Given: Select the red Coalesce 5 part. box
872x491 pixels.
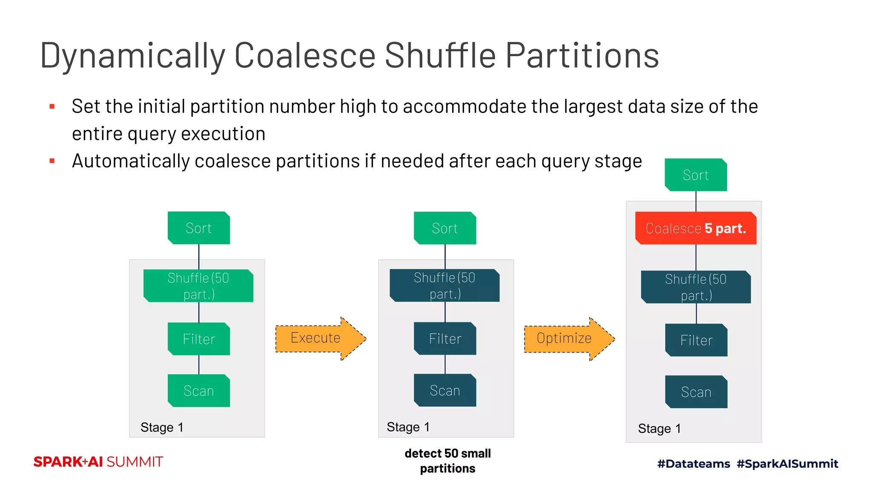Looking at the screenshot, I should coord(696,228).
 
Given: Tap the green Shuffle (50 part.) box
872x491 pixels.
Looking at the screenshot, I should coord(198,286).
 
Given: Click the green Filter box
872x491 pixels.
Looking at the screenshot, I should coord(199,339).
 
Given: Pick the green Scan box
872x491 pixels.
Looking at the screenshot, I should coord(199,391).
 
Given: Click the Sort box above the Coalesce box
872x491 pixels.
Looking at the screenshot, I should coord(696,175).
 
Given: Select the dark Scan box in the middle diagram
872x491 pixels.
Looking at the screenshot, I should coord(445,390).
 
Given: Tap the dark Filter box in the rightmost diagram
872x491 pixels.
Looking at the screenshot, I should coord(696,340).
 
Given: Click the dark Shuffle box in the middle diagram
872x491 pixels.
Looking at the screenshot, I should coord(445,286).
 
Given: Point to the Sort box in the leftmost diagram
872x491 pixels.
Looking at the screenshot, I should coord(199,228).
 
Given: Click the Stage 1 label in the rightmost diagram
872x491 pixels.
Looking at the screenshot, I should coord(659,428).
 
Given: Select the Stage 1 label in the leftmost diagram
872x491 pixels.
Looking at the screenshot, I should coord(162,427).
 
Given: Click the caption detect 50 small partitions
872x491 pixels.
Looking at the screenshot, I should coord(447,461).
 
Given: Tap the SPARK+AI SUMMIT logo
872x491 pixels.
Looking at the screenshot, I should coord(98,462).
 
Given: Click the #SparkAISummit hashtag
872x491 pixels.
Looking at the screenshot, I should coord(787,464).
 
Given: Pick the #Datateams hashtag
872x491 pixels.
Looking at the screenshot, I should coord(693,464).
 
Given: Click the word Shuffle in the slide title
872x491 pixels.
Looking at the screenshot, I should coord(440,55).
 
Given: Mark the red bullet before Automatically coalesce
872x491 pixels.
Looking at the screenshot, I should coord(52,161).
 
